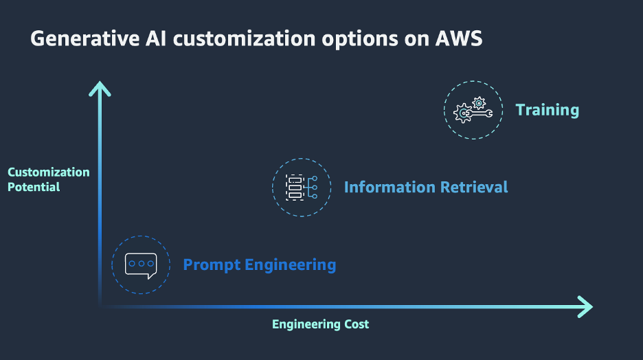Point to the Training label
click(x=548, y=110)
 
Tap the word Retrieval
click(x=474, y=187)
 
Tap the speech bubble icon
click(x=141, y=265)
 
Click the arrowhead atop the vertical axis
click(x=100, y=87)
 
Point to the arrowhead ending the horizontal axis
click(x=585, y=306)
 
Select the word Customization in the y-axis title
click(x=49, y=172)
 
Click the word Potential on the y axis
click(x=34, y=187)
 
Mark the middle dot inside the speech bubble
click(x=141, y=263)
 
